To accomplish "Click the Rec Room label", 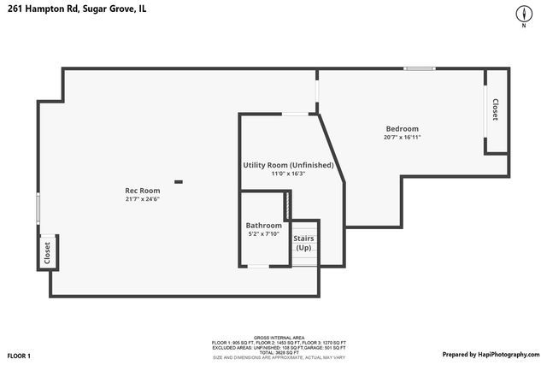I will tap(143, 190).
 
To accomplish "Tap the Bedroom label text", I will tap(402, 128).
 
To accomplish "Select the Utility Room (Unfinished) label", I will tap(288, 165).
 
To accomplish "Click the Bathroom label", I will tap(264, 226).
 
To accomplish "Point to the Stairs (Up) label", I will tap(303, 243).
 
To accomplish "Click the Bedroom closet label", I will tap(495, 109).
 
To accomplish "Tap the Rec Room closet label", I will tap(47, 253).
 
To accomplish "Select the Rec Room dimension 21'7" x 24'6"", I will tap(143, 199).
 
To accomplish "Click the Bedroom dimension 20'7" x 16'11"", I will tap(402, 137).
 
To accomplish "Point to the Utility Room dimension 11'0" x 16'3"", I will tap(288, 174).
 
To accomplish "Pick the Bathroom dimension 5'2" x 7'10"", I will tap(264, 233).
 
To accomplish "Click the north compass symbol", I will tap(522, 15).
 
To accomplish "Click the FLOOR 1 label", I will tap(19, 355).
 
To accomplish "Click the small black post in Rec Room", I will tap(178, 180).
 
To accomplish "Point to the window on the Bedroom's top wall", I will tap(419, 68).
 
